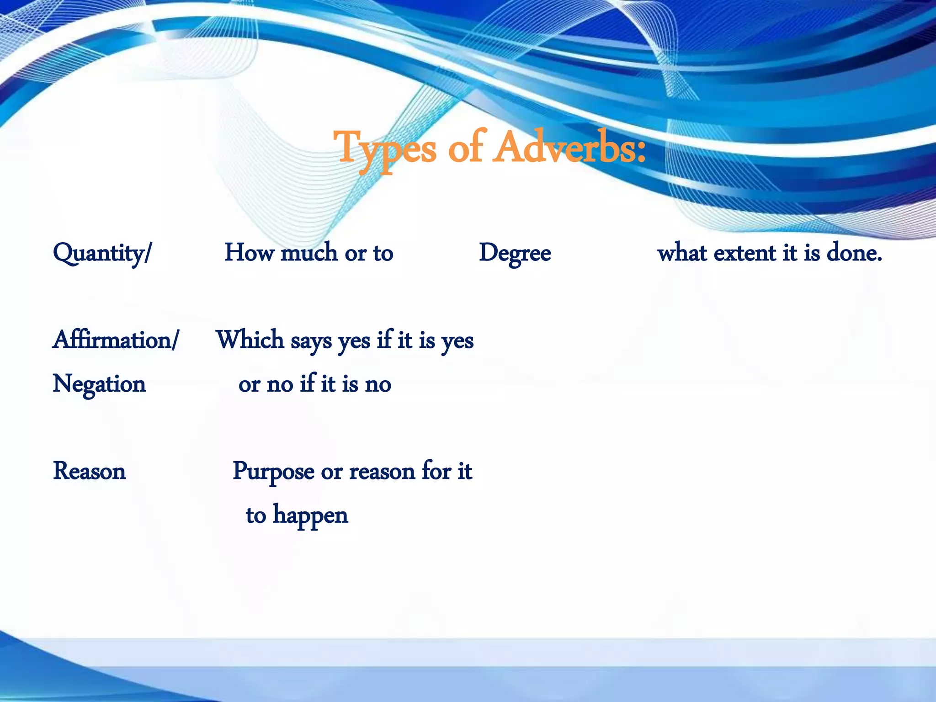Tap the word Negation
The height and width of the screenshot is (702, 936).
[99, 384]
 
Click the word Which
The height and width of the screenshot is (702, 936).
[250, 340]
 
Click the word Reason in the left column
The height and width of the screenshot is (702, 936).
[89, 471]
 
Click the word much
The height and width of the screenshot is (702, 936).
[309, 253]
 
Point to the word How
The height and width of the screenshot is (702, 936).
[249, 253]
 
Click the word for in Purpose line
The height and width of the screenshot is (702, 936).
[436, 471]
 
